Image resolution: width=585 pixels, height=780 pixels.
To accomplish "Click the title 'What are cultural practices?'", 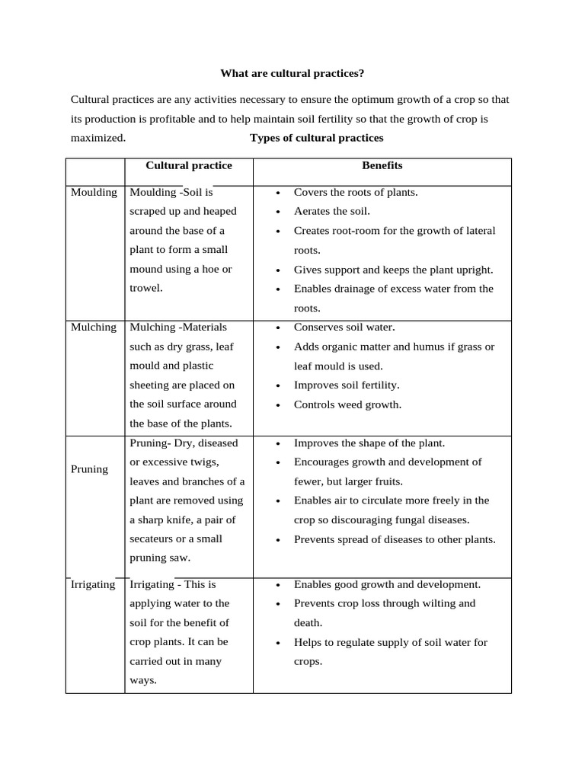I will point(292,73).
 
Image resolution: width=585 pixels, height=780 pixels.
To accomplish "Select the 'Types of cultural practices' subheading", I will point(316,138).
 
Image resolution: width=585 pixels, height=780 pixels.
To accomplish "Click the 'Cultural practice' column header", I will point(189,165).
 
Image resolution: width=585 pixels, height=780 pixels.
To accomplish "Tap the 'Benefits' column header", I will point(382,165).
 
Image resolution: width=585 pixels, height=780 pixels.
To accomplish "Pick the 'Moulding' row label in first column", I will point(94,192).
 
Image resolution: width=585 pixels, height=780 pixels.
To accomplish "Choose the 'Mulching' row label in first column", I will point(94,327).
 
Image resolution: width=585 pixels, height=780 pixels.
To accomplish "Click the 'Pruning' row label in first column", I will point(89,469).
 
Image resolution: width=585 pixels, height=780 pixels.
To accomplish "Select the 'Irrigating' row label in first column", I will point(93,584).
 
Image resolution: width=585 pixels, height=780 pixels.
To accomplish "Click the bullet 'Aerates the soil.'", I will point(331,211).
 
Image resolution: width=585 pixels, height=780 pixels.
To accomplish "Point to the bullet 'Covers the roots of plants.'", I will point(356,192).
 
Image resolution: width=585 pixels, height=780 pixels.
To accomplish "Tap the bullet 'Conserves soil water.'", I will point(344,327).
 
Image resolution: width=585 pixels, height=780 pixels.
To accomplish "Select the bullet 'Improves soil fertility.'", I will point(347,385).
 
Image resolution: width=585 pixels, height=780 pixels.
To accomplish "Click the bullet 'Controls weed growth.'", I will point(347,404).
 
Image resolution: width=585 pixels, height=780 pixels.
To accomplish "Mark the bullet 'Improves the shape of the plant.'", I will point(369,443).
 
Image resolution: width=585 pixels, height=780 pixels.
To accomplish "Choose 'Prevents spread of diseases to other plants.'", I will point(395,539).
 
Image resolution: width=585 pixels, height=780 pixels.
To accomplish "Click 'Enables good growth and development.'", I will point(387,584).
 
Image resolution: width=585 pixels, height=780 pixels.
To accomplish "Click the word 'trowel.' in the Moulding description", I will point(146,288).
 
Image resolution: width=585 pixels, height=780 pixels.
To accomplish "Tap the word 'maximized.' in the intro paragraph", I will point(97,138).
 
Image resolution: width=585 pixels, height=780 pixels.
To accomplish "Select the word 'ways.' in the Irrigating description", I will point(143,680).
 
